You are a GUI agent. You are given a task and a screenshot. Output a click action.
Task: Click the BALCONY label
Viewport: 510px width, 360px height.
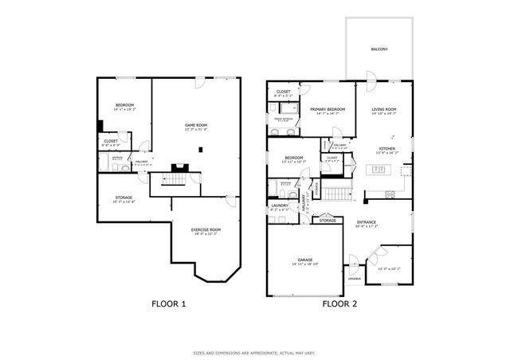click(x=379, y=49)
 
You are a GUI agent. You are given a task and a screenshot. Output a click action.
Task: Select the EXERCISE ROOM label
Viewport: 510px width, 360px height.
click(x=205, y=229)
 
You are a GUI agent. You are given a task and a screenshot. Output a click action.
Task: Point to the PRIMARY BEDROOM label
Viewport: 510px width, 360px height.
click(x=328, y=109)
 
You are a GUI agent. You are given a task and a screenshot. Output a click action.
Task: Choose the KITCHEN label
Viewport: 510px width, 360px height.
click(x=386, y=149)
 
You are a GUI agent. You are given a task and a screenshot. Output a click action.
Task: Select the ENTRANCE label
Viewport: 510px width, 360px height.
click(x=366, y=222)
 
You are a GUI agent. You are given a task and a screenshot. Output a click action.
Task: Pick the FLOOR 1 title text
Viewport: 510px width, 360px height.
click(x=168, y=303)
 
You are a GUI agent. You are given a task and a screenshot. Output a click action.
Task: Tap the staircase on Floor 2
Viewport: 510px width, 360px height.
click(x=342, y=192)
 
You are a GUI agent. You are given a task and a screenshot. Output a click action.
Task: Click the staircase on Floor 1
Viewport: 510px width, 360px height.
click(x=171, y=182)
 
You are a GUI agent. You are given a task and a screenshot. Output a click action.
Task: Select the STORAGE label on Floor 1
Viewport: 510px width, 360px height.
click(x=124, y=198)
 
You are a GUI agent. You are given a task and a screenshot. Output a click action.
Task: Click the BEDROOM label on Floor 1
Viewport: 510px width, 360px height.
click(x=124, y=105)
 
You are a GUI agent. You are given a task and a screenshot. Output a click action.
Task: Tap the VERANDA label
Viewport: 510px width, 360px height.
click(x=354, y=279)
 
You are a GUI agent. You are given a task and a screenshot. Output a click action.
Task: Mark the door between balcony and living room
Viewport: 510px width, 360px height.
click(x=370, y=77)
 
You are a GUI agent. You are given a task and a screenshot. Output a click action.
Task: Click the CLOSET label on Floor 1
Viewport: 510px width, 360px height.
click(x=111, y=142)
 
